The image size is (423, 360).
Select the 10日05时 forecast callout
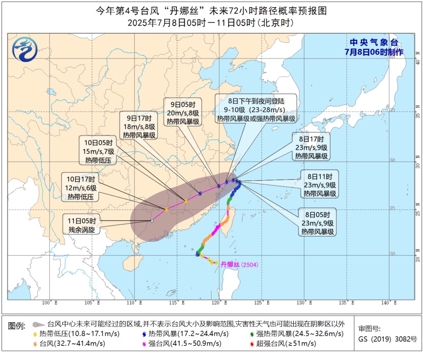[98, 150]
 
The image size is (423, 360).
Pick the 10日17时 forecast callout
[81, 187]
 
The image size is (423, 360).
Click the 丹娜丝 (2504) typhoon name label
[239, 264]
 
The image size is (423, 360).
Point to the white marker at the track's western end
[152, 221]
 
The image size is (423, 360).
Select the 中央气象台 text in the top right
[374, 43]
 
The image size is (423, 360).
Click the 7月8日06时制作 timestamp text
[374, 52]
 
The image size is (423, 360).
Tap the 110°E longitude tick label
[134, 303]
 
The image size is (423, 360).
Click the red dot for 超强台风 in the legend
[252, 344]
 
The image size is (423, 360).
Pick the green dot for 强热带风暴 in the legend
[252, 334]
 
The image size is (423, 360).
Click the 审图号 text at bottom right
[369, 328]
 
